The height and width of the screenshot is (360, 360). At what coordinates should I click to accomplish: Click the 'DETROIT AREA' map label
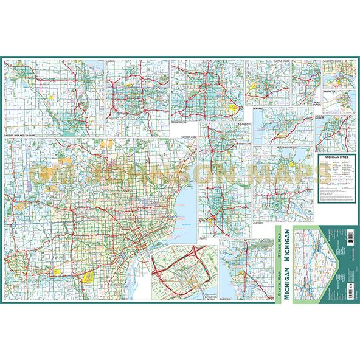189,139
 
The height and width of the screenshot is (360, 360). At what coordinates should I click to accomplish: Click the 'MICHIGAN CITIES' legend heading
335,157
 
